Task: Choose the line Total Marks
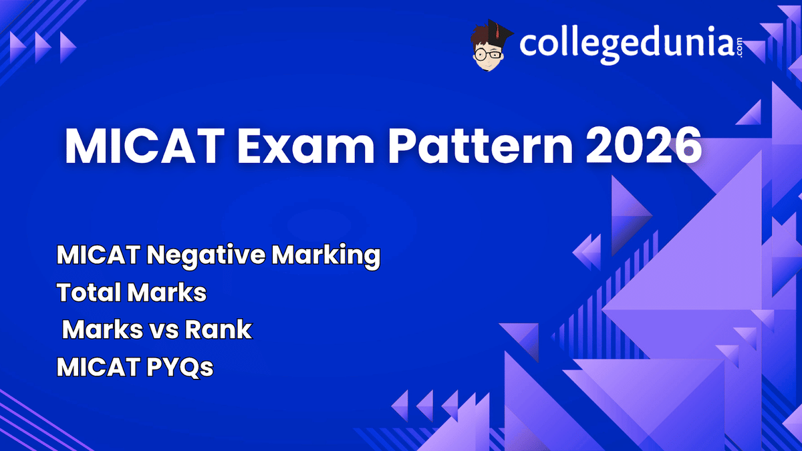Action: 132,293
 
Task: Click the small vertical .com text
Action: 740,49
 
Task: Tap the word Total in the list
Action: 88,293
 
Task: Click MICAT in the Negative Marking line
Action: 94,255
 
